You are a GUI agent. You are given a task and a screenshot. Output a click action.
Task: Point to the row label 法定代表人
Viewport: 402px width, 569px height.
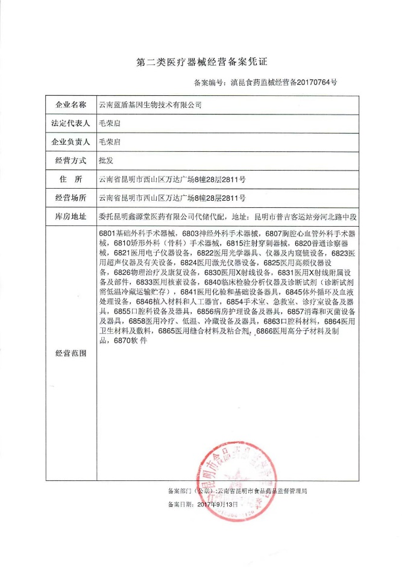[71, 124]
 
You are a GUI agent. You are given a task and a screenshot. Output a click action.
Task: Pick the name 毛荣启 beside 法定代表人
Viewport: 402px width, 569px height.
[109, 124]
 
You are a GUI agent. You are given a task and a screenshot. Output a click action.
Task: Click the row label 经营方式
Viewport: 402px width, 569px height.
[71, 161]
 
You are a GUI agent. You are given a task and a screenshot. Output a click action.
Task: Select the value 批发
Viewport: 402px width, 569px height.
[105, 161]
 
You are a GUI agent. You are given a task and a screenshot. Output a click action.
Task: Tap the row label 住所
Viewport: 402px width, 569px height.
[71, 180]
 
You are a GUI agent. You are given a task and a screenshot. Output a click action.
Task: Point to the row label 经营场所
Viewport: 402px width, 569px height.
[71, 198]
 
